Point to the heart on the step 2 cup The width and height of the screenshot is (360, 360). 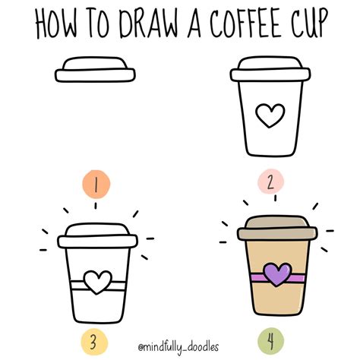(x=267, y=115)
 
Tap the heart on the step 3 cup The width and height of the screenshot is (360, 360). (x=95, y=282)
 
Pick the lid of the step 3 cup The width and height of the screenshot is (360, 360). (x=96, y=234)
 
